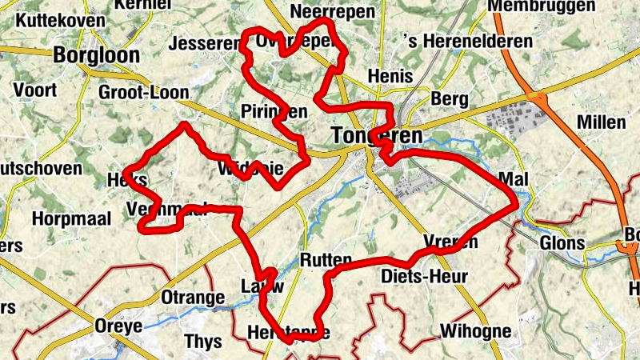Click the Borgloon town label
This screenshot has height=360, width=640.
point(96,55)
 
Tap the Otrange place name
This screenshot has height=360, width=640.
point(193,298)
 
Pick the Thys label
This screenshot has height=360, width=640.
point(203,342)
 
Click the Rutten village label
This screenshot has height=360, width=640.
point(325,260)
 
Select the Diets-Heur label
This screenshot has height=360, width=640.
point(425,277)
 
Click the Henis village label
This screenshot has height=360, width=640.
point(390,76)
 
